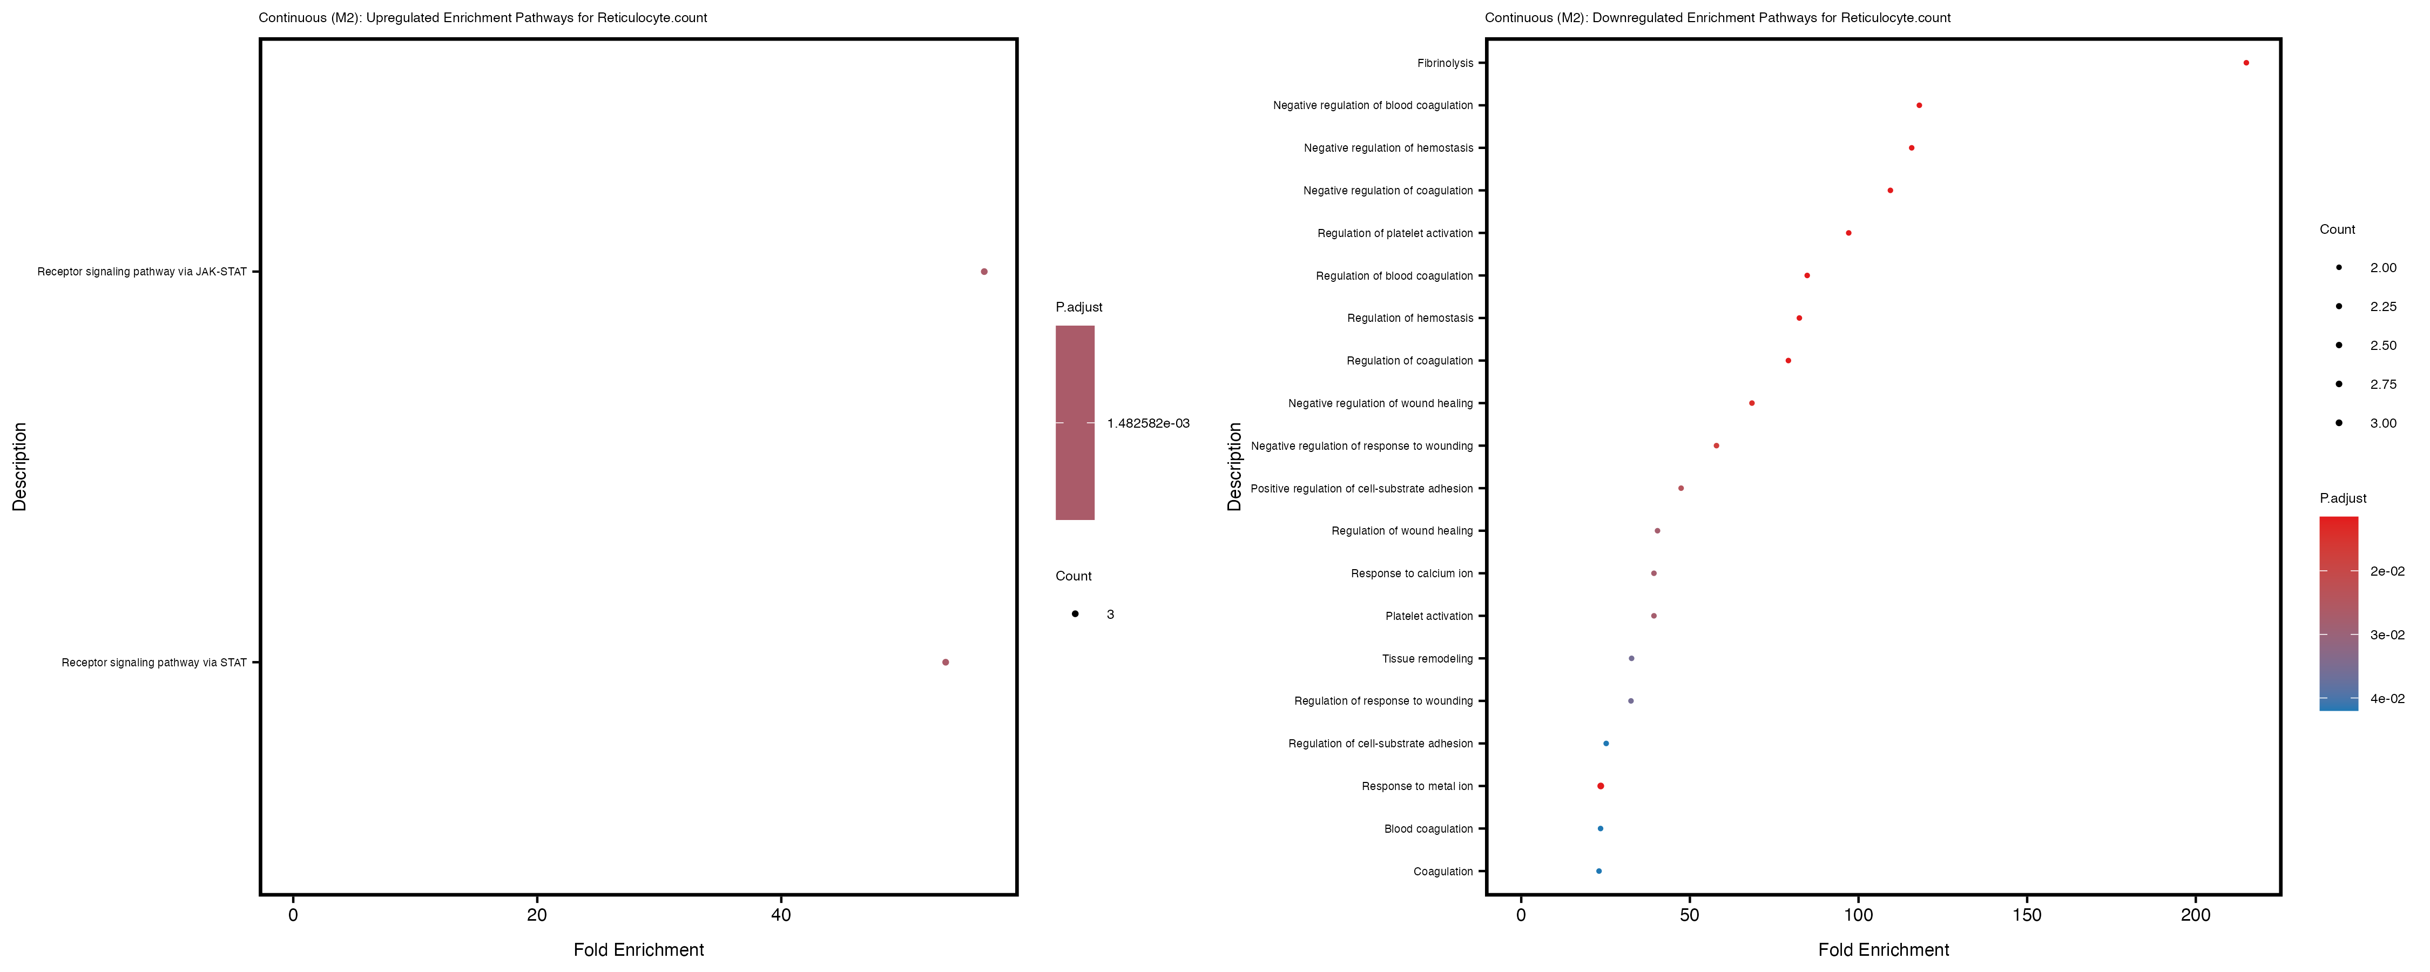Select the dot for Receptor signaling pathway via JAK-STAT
click(984, 272)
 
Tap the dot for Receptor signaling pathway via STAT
click(945, 663)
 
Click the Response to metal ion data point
click(1601, 786)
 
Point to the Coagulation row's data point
click(1599, 871)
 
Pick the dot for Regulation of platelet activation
click(1848, 233)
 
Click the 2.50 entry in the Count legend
click(2383, 346)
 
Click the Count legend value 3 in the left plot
click(1110, 615)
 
